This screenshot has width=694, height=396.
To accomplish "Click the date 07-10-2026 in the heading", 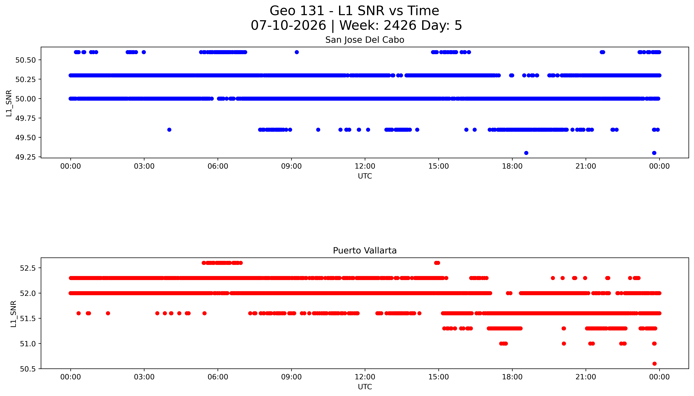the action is [288, 25].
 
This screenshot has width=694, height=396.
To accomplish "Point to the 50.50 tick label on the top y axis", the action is [26, 60].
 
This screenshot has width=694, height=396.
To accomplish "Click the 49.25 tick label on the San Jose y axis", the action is [26, 157].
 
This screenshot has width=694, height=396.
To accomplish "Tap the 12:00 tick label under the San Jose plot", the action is [365, 166].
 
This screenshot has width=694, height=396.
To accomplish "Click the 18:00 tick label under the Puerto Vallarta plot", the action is [512, 377].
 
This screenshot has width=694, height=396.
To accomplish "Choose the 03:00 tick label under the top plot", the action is [144, 166].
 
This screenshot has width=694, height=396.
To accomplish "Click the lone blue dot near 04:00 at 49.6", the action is [169, 130].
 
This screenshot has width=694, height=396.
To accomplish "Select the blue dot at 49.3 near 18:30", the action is [526, 153].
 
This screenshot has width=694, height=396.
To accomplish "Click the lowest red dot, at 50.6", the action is [654, 364].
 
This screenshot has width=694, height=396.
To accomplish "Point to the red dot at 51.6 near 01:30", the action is [108, 313].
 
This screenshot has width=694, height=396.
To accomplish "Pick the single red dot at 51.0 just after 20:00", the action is [564, 344].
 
